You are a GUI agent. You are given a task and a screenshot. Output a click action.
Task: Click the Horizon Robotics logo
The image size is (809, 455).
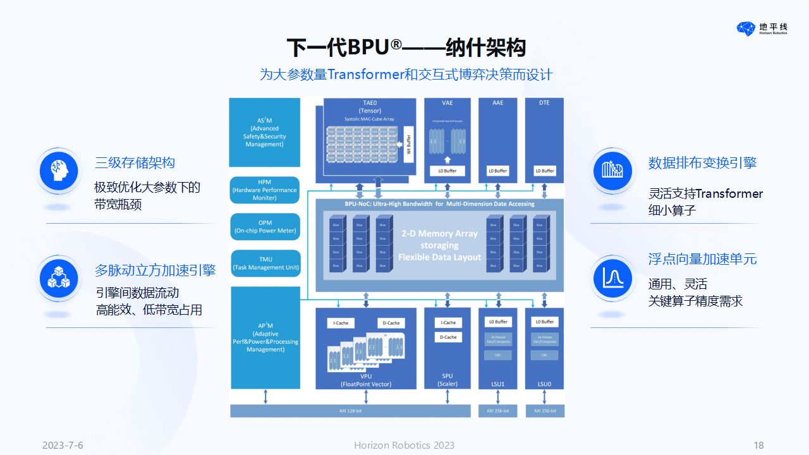(x=762, y=28)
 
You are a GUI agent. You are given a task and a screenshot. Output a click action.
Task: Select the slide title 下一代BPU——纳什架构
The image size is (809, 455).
(x=406, y=47)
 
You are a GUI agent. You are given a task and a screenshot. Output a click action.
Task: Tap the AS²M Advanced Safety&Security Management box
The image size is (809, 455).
(x=264, y=132)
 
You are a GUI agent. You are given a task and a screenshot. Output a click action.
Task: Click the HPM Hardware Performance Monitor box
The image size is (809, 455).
(x=264, y=190)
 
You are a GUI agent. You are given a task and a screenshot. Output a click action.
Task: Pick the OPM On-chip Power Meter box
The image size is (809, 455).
(x=265, y=226)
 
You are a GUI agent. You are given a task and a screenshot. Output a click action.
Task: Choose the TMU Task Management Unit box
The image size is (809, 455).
(x=265, y=263)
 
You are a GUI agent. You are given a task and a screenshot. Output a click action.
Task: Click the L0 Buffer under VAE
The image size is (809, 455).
(x=447, y=171)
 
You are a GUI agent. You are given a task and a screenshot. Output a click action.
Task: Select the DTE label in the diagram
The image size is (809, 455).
(x=544, y=103)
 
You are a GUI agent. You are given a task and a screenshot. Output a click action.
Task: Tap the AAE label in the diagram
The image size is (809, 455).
(x=498, y=103)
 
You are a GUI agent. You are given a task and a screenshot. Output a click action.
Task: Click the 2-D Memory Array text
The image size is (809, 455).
(x=439, y=233)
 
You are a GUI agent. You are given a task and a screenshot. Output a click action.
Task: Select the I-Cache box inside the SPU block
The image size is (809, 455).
(x=448, y=323)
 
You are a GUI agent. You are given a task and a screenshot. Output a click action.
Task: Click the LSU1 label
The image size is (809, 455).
(x=498, y=384)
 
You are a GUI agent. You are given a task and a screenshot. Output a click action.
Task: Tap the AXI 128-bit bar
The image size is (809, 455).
(x=350, y=411)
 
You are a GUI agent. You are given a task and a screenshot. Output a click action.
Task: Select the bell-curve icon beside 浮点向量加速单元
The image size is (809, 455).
(x=612, y=278)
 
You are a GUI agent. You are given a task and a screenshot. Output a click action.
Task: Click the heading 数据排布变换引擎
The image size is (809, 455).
(x=702, y=163)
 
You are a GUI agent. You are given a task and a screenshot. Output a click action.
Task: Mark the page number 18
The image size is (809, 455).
(x=759, y=446)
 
